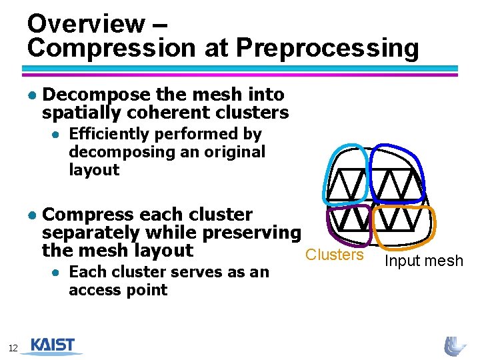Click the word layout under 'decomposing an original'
pos(94,170)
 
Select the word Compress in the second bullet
pos(89,215)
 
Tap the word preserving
pos(251,233)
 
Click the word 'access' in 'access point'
pos(91,290)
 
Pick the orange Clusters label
pos(335,255)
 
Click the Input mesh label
pos(424,261)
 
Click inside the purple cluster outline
pos(348,223)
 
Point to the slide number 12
pos(13,347)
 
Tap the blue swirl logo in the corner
pos(455,345)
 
